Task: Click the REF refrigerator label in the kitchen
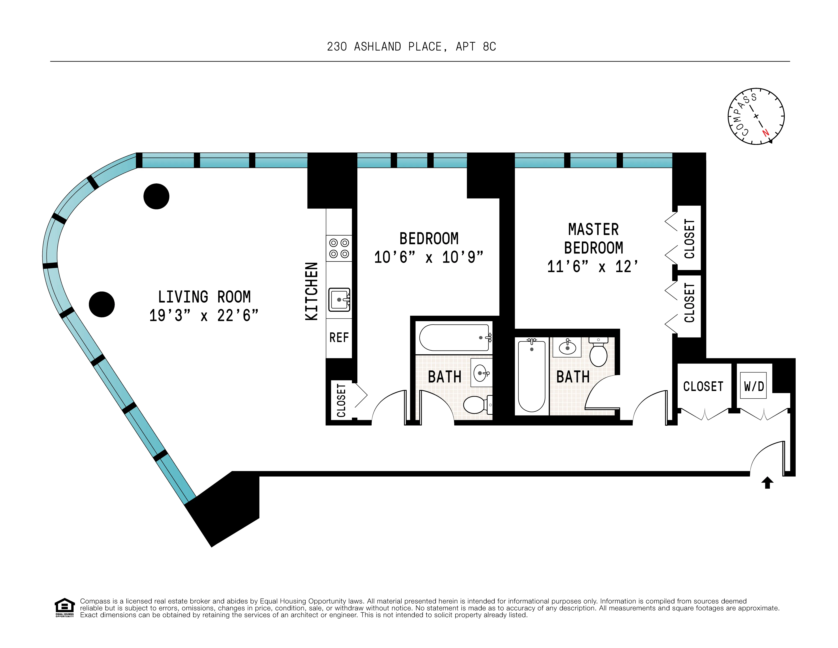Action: coord(339,338)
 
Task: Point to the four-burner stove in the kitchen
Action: coord(339,248)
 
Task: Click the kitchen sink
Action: coord(339,300)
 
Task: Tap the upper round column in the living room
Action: coord(157,196)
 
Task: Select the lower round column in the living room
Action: coord(102,304)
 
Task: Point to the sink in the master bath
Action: coord(567,347)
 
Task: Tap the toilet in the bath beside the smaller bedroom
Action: coord(476,405)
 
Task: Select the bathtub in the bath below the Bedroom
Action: coord(455,338)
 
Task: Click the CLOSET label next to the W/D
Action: coord(703,386)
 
